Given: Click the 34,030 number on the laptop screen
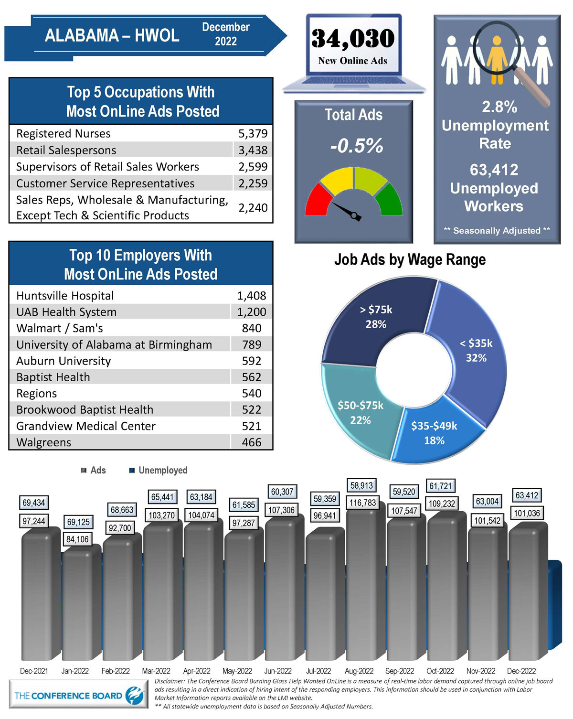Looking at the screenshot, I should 353,39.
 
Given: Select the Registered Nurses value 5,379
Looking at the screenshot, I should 253,134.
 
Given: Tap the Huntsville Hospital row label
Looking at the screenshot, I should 65,296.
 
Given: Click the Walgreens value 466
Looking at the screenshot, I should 251,442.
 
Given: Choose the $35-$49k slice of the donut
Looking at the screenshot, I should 434,433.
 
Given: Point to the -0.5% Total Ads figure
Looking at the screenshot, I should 357,146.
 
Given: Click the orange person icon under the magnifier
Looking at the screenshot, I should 497,60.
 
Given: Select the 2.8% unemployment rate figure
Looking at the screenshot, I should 499,107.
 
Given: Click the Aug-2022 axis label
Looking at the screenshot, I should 359,671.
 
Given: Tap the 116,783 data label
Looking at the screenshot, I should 362,503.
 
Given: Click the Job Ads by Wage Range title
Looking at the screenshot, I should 410,260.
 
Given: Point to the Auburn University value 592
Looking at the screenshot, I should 251,361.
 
